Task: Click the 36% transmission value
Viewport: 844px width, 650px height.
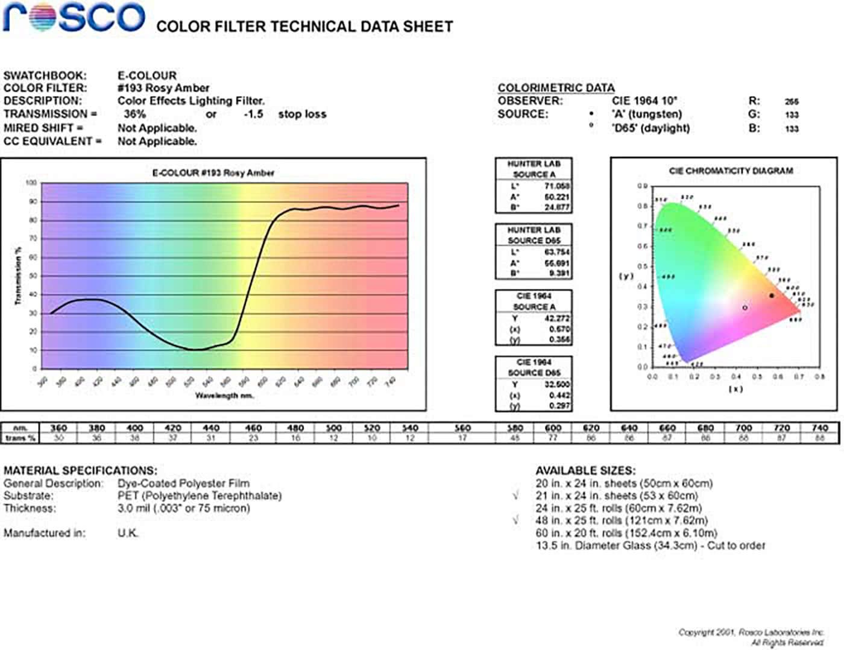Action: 134,114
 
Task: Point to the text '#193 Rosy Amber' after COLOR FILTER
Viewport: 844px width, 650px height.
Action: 163,88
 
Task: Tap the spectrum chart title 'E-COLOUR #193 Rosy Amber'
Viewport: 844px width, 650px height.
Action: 213,173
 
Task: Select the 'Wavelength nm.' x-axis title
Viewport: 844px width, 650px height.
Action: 224,396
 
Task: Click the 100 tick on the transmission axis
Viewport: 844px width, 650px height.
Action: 31,183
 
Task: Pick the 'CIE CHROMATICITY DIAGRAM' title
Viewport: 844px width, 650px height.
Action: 731,171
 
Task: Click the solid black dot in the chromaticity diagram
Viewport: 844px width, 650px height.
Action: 772,295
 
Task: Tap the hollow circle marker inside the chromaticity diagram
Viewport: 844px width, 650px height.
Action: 745,308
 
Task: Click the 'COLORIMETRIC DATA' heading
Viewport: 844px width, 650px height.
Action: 556,88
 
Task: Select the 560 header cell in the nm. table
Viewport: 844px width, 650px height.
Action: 462,428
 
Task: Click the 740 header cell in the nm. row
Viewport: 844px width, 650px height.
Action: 820,428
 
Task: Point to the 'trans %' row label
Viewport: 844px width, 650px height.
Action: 20,438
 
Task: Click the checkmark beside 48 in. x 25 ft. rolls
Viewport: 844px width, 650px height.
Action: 515,520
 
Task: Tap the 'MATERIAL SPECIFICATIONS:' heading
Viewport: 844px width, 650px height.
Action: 80,470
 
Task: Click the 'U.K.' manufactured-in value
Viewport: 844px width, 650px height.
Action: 128,533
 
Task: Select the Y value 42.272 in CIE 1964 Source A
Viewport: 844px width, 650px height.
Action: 557,318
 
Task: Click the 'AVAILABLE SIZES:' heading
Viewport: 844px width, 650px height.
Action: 585,470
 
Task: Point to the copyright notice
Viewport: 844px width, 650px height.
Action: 751,637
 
